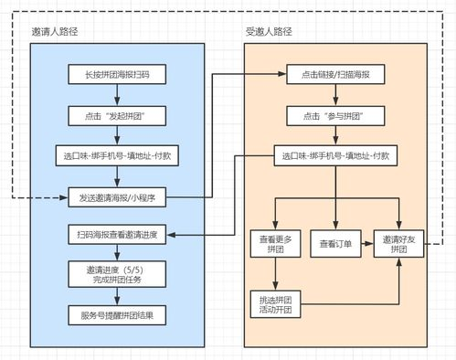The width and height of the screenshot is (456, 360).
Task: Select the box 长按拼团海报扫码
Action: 116,76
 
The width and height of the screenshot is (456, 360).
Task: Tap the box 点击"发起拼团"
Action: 116,116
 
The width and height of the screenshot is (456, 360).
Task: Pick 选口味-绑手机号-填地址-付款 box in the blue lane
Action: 116,155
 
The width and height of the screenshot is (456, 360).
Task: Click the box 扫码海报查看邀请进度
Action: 116,235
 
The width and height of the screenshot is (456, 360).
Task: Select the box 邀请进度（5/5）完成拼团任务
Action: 116,274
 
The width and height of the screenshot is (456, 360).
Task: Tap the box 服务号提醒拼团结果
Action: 116,315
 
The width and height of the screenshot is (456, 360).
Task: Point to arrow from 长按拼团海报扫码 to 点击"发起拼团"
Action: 116,96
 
